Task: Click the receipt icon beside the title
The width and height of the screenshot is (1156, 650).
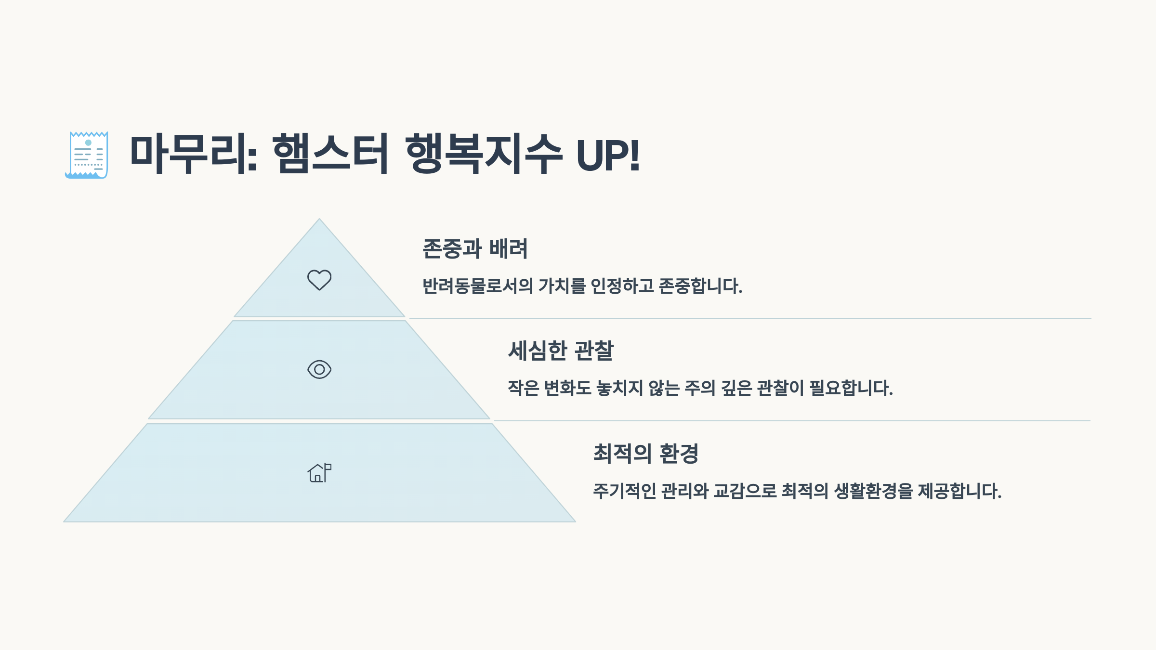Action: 87,155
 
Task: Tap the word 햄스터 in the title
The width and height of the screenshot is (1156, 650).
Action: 330,154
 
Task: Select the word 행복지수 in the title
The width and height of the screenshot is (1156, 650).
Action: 484,154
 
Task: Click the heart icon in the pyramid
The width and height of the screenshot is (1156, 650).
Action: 319,280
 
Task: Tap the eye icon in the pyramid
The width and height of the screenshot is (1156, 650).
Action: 319,369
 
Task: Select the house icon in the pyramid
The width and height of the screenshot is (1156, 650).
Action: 319,473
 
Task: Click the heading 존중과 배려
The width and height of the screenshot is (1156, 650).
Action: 475,249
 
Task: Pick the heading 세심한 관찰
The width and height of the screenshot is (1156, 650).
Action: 561,351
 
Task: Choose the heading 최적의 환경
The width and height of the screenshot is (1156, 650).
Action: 645,454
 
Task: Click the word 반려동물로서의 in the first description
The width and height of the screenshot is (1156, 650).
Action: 477,286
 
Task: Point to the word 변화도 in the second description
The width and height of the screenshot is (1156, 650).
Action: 567,388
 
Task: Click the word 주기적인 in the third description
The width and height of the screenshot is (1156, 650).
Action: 624,491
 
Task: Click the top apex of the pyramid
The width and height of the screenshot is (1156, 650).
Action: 319,220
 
